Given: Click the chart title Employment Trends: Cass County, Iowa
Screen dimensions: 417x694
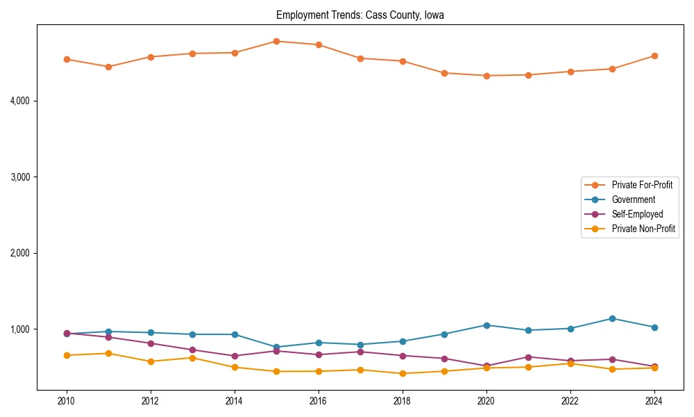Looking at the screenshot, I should (x=359, y=15).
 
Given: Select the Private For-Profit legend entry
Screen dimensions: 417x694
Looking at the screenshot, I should (x=641, y=185).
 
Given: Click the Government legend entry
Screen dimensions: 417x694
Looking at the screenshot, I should (x=633, y=199).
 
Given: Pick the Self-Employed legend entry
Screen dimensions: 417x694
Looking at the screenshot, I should (x=637, y=214).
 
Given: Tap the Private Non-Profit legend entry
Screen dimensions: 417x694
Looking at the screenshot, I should (x=643, y=229).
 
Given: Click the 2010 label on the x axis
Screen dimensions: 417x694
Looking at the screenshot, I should (x=67, y=401).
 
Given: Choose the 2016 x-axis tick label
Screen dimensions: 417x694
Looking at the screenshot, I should (x=318, y=401).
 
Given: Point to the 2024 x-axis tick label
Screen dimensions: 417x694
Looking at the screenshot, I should (x=654, y=401).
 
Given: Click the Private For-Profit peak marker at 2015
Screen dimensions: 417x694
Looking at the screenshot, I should (x=276, y=41).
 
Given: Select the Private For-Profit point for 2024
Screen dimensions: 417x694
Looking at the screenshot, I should (x=654, y=56).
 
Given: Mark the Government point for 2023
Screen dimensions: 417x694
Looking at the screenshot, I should (x=612, y=318).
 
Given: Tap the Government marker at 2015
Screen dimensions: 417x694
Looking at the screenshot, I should (x=276, y=347).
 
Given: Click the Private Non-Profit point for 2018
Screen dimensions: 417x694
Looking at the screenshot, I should (x=402, y=373).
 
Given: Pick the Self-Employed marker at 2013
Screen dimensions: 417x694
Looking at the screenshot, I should (x=192, y=350).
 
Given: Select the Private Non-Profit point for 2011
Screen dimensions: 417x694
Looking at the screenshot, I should (x=108, y=353).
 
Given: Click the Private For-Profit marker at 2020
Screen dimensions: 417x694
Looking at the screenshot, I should (x=486, y=76).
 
